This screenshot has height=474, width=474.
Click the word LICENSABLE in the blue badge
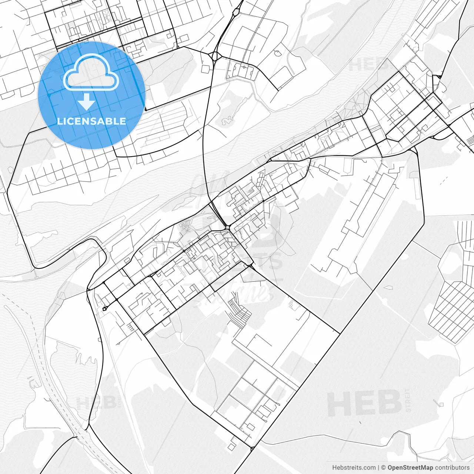(91, 121)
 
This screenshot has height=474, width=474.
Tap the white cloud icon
(91, 72)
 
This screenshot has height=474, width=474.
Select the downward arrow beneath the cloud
(87, 101)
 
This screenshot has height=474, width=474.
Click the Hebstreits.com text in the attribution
(354, 468)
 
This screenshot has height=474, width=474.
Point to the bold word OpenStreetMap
(410, 468)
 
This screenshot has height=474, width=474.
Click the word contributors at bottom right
(452, 468)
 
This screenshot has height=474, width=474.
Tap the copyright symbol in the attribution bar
(384, 468)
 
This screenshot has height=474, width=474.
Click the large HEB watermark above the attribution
(364, 403)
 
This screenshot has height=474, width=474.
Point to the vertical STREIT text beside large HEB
(408, 400)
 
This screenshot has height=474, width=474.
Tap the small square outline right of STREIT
(441, 404)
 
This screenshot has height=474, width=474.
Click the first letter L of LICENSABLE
(59, 121)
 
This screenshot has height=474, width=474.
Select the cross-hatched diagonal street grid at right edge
(452, 311)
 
